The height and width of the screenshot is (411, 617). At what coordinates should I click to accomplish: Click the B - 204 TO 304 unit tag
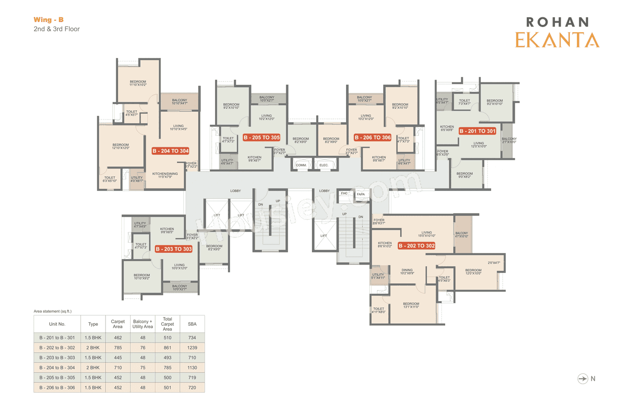click(170, 151)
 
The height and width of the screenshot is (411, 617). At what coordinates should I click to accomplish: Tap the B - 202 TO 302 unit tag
click(416, 246)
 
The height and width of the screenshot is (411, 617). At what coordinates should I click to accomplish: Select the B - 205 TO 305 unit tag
click(261, 137)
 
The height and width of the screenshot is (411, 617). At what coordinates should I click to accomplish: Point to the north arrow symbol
click(583, 379)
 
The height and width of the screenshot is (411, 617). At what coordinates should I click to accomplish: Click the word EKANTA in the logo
click(557, 40)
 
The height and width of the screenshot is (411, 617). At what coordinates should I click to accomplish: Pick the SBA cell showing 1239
click(192, 347)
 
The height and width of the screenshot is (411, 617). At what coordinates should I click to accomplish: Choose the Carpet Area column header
click(118, 324)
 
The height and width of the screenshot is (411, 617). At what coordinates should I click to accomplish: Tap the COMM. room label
click(301, 165)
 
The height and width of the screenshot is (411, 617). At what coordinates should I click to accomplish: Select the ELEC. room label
click(324, 165)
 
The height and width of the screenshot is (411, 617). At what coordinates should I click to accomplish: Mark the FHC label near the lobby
click(344, 193)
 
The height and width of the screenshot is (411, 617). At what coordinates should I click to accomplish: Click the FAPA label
click(361, 194)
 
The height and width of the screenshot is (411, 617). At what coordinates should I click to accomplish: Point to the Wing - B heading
click(48, 20)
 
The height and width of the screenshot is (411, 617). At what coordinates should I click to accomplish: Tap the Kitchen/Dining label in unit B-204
click(165, 175)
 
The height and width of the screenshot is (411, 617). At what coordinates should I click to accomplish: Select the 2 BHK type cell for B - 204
click(93, 368)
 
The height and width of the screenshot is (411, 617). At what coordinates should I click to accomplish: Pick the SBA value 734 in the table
click(192, 337)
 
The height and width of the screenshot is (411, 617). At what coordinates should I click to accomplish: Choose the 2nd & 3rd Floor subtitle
click(56, 29)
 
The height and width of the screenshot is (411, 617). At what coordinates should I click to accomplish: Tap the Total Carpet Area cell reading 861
click(167, 347)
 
